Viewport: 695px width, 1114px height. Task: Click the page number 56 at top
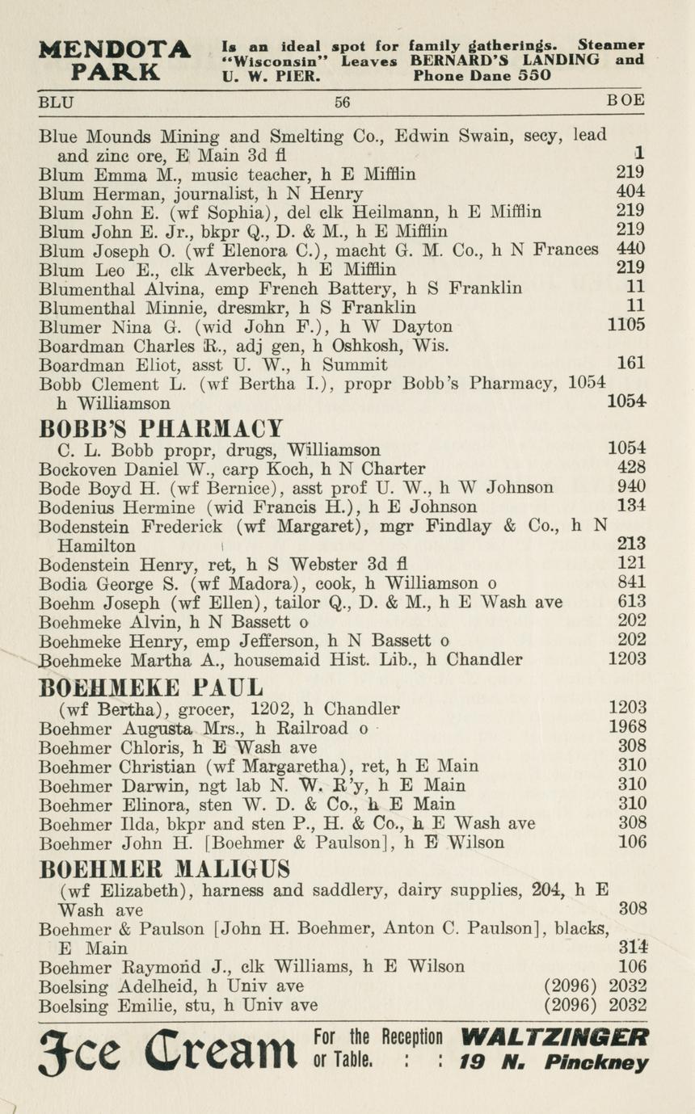pyautogui.click(x=343, y=103)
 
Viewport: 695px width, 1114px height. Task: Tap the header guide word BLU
pyautogui.click(x=56, y=102)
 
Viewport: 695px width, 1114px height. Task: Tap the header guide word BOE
pyautogui.click(x=626, y=101)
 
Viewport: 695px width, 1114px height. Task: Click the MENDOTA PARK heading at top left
pyautogui.click(x=115, y=60)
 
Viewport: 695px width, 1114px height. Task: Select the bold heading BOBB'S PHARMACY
pyautogui.click(x=162, y=427)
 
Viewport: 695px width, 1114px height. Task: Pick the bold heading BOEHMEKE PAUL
pyautogui.click(x=151, y=687)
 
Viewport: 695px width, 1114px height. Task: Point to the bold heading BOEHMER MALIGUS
pyautogui.click(x=165, y=869)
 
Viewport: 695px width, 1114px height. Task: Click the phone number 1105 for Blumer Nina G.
pyautogui.click(x=626, y=326)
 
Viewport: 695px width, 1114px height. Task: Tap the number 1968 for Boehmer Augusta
pyautogui.click(x=627, y=727)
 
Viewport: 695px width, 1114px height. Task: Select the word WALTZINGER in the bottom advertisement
pyautogui.click(x=554, y=1037)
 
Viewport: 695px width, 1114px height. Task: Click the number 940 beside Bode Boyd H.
pyautogui.click(x=630, y=487)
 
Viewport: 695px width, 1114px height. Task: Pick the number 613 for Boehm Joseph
pyautogui.click(x=630, y=602)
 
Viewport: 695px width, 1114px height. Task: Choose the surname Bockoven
pyautogui.click(x=77, y=469)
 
